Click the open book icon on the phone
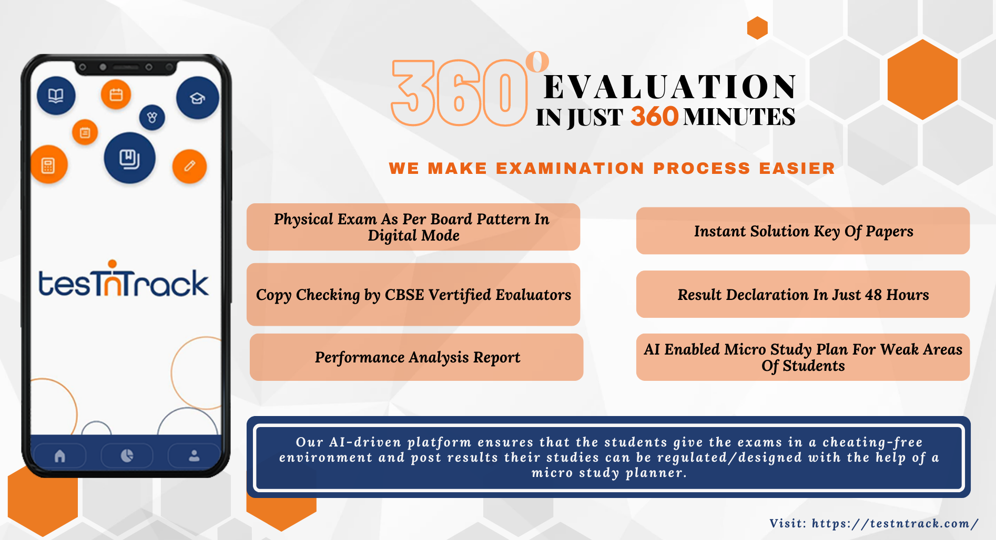(56, 96)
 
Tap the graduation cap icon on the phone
(197, 98)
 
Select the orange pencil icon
(189, 167)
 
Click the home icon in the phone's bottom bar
(60, 456)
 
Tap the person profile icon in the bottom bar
(194, 456)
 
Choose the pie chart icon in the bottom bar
(127, 456)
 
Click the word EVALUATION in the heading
(669, 87)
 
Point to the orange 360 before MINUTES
(654, 117)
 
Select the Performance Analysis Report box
(416, 357)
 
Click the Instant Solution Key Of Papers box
(802, 231)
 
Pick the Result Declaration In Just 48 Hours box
(802, 294)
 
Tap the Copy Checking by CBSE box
(413, 295)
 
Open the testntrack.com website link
(894, 523)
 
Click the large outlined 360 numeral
(459, 94)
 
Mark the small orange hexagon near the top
(757, 28)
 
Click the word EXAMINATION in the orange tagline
(570, 169)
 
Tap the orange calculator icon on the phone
(48, 165)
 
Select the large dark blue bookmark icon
(129, 158)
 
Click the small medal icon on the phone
(152, 117)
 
